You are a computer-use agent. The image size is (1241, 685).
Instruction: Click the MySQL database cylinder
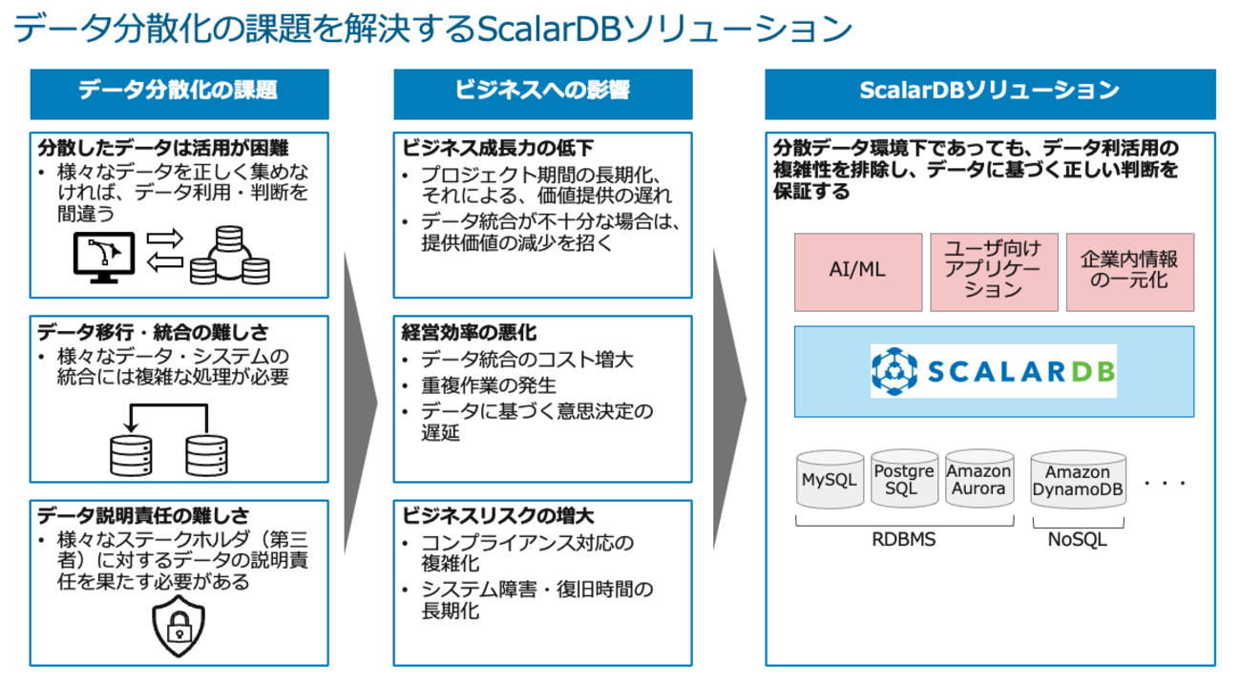pyautogui.click(x=829, y=480)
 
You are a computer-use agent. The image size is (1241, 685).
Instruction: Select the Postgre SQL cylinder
pyautogui.click(x=904, y=479)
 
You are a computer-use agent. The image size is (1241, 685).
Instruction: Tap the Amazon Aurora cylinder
pyautogui.click(x=978, y=479)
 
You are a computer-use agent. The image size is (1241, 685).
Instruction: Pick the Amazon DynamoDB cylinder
pyautogui.click(x=1078, y=481)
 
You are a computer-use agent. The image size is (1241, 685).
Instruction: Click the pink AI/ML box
pyautogui.click(x=857, y=271)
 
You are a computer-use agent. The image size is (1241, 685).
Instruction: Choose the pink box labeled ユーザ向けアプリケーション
pyautogui.click(x=994, y=271)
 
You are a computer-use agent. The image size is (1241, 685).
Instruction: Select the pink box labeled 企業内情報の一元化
pyautogui.click(x=1129, y=271)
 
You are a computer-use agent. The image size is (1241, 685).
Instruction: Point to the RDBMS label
pyautogui.click(x=903, y=539)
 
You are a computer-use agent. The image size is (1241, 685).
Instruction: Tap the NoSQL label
pyautogui.click(x=1077, y=539)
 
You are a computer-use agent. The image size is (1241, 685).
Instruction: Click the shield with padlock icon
pyautogui.click(x=179, y=626)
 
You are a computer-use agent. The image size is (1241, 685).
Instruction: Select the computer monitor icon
pyautogui.click(x=105, y=256)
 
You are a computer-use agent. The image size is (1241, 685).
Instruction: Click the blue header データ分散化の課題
pyautogui.click(x=179, y=92)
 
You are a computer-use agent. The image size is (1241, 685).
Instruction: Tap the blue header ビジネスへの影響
pyautogui.click(x=542, y=92)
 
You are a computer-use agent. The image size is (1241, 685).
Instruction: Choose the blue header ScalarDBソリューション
pyautogui.click(x=990, y=92)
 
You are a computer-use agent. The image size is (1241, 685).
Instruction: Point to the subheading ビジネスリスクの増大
pyautogui.click(x=497, y=516)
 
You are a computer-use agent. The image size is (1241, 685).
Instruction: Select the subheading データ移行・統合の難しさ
pyautogui.click(x=154, y=333)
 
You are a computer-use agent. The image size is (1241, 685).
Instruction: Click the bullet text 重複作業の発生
pyautogui.click(x=489, y=385)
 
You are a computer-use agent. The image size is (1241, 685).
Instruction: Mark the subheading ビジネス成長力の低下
pyautogui.click(x=497, y=149)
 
